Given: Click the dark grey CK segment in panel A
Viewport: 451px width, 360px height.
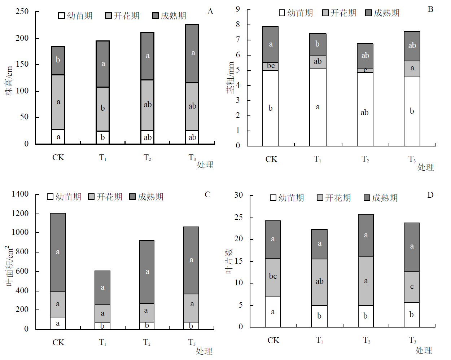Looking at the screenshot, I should (58, 61).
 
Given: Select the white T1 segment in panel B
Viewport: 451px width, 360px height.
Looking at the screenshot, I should (318, 107).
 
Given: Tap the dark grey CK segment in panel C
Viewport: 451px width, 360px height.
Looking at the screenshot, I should (58, 252).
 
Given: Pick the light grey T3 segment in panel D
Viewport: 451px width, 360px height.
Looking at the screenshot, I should (412, 287).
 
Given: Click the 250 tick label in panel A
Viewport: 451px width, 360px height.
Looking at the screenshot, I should (22, 12).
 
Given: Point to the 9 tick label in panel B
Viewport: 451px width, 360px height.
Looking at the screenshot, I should (238, 9).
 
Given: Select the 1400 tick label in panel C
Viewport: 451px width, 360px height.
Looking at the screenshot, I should (20, 194).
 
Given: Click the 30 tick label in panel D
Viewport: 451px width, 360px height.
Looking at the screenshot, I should (238, 195).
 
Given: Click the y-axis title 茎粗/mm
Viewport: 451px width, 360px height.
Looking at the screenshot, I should (231, 78).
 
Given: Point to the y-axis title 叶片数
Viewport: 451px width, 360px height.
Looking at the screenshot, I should (229, 261).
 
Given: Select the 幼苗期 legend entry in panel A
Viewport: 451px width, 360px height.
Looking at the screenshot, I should (75, 16).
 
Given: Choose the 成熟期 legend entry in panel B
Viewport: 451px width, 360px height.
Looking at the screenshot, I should (382, 13).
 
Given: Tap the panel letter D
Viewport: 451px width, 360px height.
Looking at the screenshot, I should (430, 195).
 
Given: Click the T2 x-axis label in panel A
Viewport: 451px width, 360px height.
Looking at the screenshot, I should (147, 158).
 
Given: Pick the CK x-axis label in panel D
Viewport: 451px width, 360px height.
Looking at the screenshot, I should (273, 340).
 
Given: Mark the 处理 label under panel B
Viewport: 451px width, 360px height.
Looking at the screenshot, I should (425, 167).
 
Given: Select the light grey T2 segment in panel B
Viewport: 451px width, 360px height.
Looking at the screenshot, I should (365, 70).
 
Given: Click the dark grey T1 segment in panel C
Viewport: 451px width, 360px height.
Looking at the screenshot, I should (102, 287).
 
